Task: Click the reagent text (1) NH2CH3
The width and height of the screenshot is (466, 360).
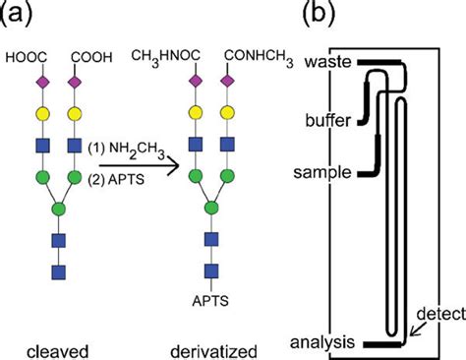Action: pos(124,147)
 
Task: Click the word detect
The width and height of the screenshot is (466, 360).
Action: pos(434,313)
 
